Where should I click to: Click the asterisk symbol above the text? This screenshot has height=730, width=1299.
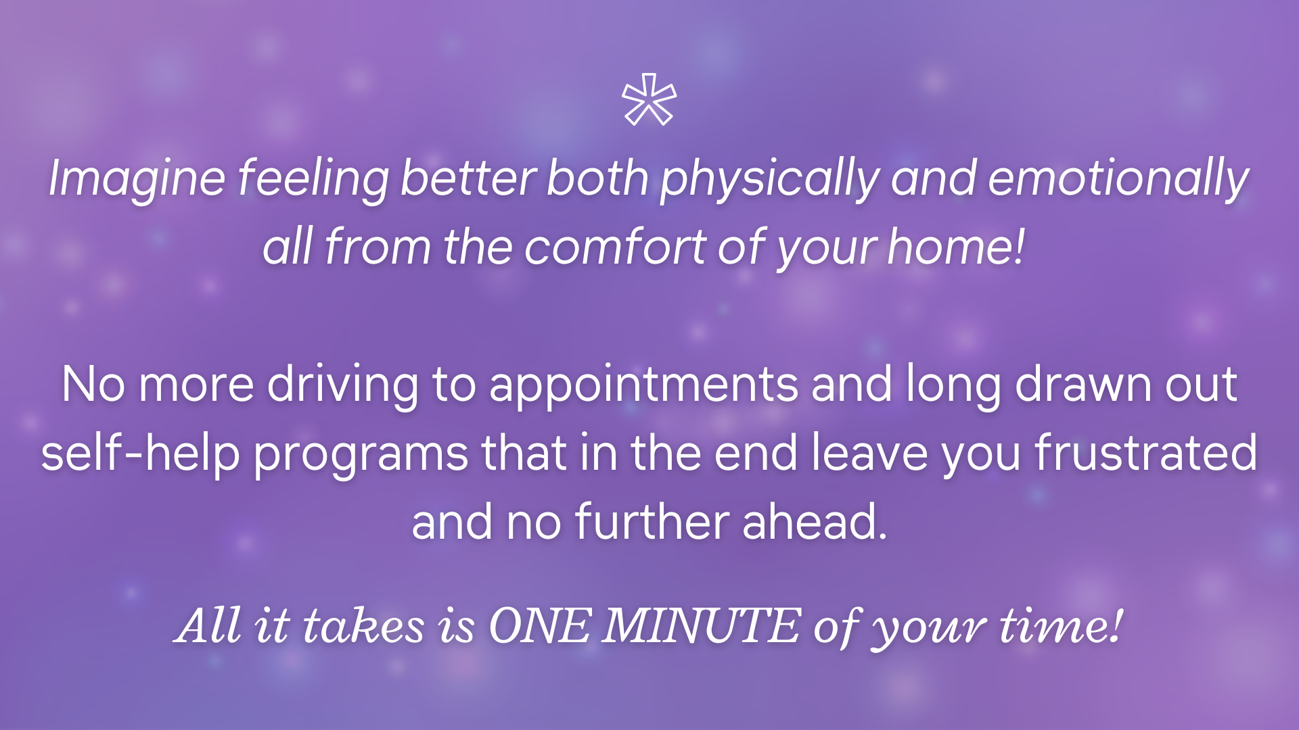[x=649, y=99]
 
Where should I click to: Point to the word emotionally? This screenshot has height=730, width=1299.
[x=1118, y=178]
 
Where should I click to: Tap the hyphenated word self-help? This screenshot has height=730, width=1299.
[x=141, y=454]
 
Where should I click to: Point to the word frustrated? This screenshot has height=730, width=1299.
[x=1146, y=452]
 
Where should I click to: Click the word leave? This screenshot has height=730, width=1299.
[x=869, y=452]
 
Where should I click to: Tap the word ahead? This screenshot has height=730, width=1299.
[x=815, y=522]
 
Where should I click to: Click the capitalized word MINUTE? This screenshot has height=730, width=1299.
[x=701, y=625]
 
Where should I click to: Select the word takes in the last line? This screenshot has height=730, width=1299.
[x=363, y=625]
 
